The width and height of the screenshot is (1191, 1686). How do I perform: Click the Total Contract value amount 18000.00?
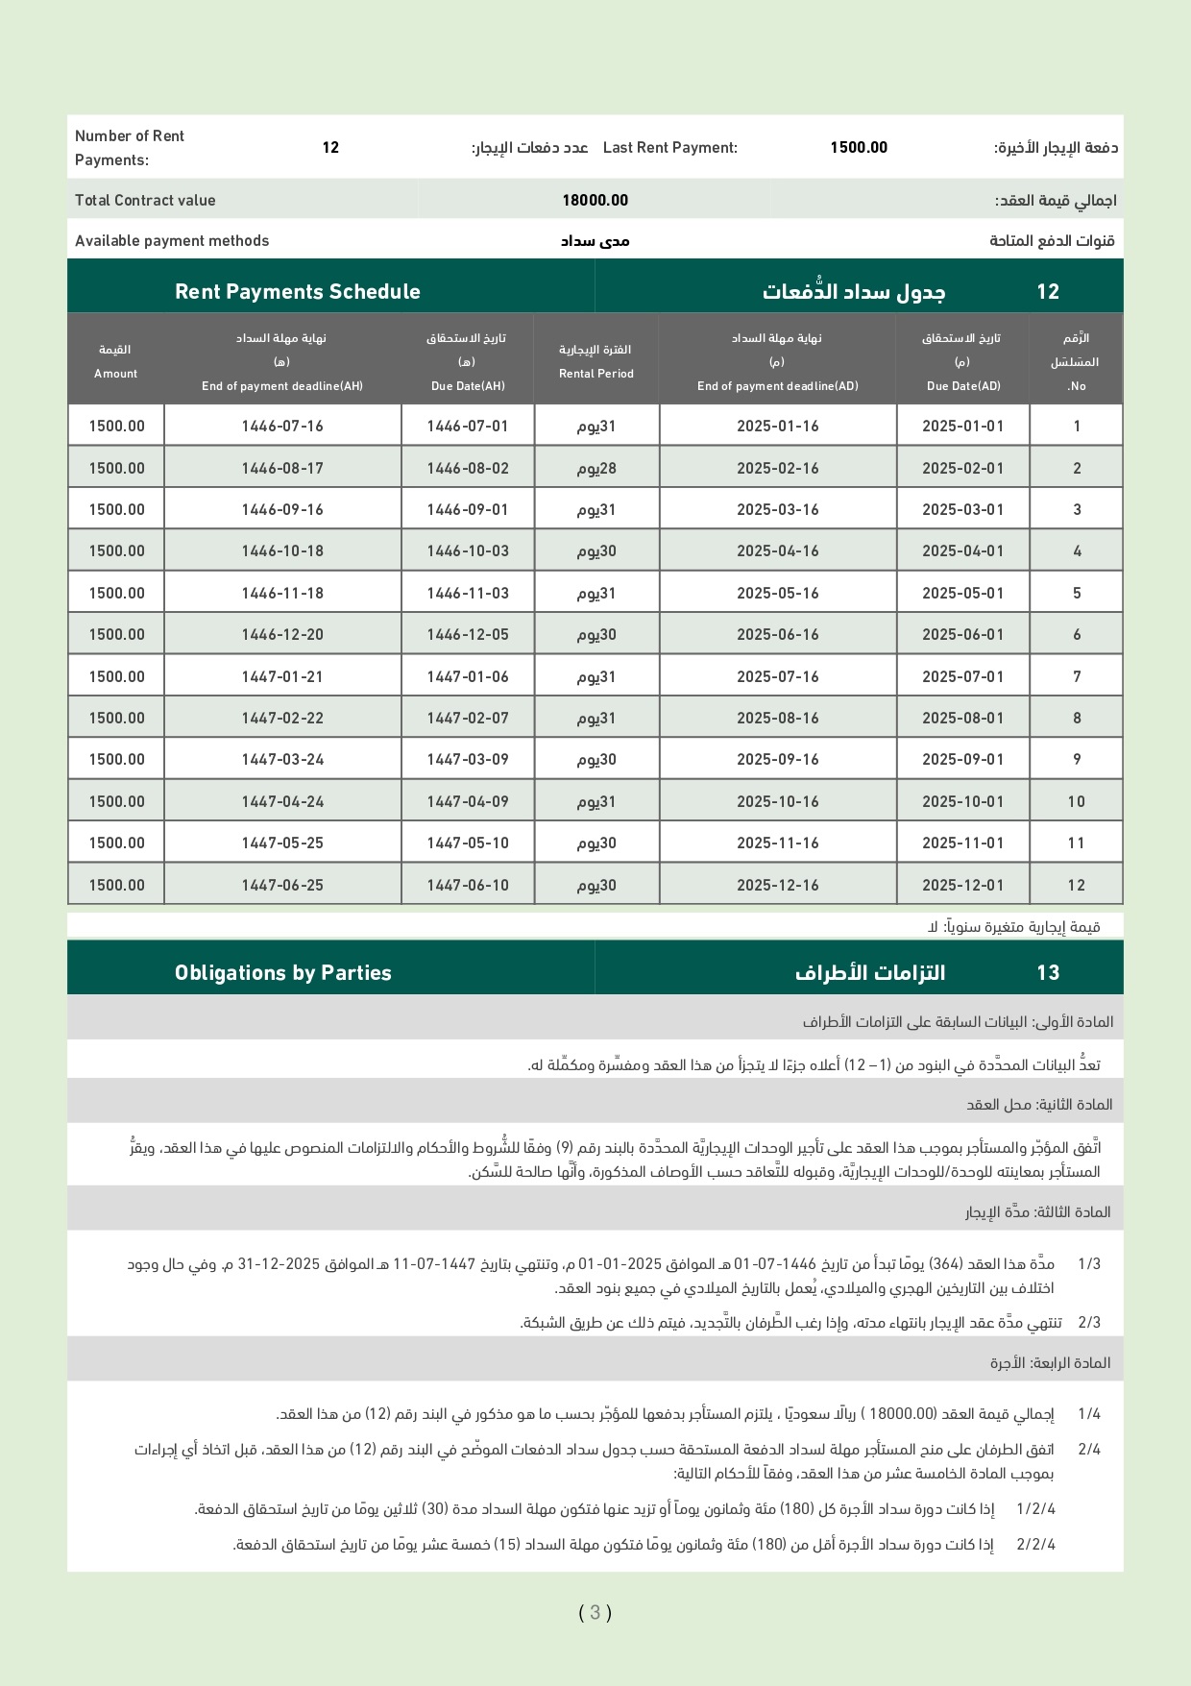pos(595,200)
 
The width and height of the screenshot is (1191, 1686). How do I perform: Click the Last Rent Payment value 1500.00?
pos(859,147)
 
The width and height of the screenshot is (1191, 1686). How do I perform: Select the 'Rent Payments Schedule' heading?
pos(298,291)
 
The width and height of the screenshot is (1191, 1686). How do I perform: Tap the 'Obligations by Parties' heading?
pos(283,972)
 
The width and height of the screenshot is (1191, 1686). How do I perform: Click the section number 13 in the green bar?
pos(1048,972)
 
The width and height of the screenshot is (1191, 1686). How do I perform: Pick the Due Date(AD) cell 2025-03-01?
pos(962,509)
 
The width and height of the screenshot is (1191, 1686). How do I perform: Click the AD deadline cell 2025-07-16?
pos(778,676)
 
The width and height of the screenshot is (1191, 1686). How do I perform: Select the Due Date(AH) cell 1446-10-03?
pos(468,550)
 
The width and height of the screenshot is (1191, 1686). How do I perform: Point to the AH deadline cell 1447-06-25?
pos(282,885)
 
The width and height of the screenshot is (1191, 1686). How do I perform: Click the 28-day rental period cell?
pos(596,468)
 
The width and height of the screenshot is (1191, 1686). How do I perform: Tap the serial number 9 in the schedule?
pos(1077,759)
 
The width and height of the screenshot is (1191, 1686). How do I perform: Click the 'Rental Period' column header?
pos(596,361)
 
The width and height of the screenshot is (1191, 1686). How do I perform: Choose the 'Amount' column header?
pos(115,361)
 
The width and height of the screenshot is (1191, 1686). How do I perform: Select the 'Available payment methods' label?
pos(172,240)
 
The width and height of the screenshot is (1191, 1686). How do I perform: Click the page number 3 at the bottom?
pos(595,1613)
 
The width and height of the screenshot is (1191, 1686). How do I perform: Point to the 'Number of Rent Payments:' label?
pos(130,147)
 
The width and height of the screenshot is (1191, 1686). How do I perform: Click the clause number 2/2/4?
pos(1035,1545)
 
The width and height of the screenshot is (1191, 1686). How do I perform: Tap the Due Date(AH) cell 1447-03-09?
pos(468,759)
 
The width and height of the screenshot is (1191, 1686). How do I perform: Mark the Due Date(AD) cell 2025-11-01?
pos(962,843)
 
